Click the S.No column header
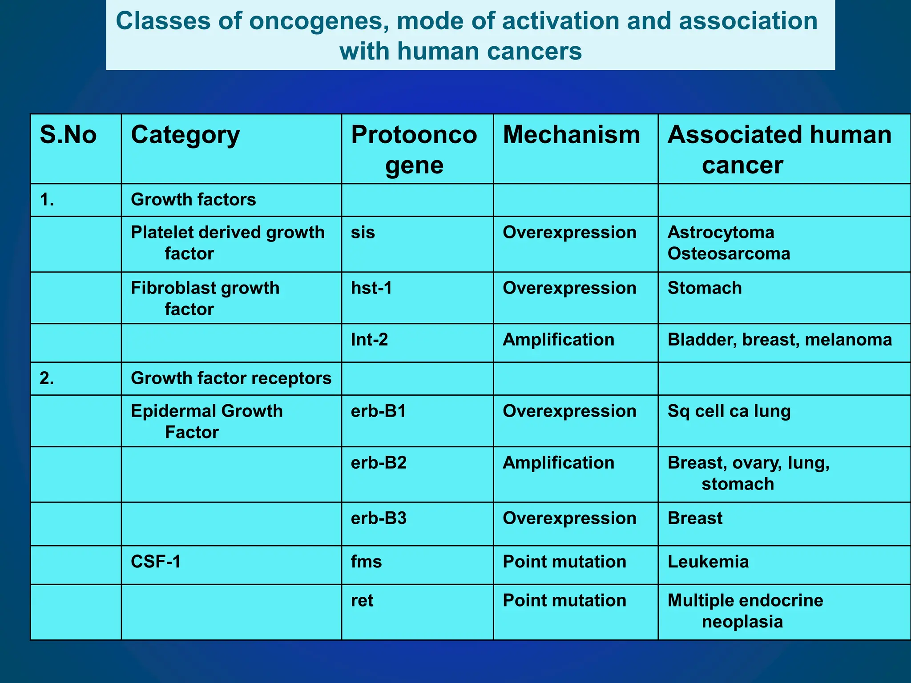click(x=68, y=135)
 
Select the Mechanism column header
click(x=571, y=135)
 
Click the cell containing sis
click(x=363, y=233)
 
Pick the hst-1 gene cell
click(x=371, y=288)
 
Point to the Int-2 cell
click(x=369, y=340)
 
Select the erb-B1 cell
click(x=379, y=411)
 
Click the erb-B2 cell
click(x=379, y=463)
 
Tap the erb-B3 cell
click(x=379, y=518)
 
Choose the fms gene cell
click(x=366, y=562)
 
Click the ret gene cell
click(x=362, y=600)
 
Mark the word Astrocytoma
click(x=721, y=233)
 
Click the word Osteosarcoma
click(x=729, y=254)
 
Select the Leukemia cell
click(x=708, y=562)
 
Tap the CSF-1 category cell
click(x=156, y=562)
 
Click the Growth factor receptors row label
click(x=231, y=378)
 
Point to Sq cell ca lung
click(x=729, y=411)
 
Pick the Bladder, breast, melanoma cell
click(x=779, y=340)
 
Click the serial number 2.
click(x=47, y=378)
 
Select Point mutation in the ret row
click(x=564, y=600)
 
